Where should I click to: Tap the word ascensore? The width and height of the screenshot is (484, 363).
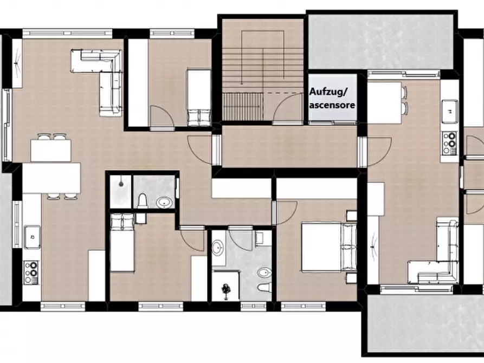[332, 105]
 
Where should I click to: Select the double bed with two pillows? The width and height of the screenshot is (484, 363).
[329, 247]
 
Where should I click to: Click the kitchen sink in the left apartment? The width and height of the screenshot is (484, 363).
[33, 237]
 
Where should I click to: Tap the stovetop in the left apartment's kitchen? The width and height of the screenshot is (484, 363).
[31, 273]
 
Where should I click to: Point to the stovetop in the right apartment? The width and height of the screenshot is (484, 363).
[450, 143]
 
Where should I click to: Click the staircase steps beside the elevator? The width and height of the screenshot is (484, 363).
[263, 69]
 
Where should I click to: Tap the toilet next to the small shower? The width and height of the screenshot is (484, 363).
[143, 201]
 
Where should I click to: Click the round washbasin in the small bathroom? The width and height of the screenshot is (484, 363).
[164, 203]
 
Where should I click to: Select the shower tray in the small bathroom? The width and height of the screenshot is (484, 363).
[121, 191]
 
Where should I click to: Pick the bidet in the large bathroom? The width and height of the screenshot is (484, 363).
[264, 273]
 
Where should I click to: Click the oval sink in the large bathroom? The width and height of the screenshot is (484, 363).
[219, 247]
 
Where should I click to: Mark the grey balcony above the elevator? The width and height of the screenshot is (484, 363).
[381, 42]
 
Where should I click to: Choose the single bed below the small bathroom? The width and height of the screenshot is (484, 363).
[122, 243]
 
